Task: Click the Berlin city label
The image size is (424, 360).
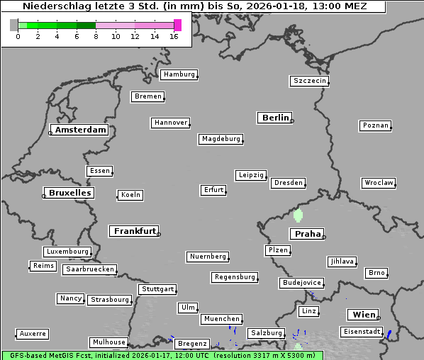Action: coord(275,118)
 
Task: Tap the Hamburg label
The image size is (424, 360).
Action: coord(178,74)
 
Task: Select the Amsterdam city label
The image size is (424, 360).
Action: coord(80,130)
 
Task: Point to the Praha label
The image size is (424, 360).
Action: coord(307,234)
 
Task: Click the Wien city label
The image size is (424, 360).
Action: coord(362,315)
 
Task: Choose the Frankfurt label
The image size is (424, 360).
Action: coord(135,231)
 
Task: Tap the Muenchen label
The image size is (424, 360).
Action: coord(222,319)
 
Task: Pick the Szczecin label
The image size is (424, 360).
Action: coord(310,81)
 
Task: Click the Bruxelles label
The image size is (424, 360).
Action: coord(68,193)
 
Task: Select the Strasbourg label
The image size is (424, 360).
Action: coord(110,300)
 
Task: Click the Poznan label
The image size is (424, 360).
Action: coord(375,125)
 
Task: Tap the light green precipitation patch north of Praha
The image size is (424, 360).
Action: coord(298,214)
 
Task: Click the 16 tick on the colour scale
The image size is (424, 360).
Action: coord(174,36)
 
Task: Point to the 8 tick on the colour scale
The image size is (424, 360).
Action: coord(96,36)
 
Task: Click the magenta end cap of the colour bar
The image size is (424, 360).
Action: coord(177,25)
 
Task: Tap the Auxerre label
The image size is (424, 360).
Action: coord(33,333)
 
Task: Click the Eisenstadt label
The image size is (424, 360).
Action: coord(362,332)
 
